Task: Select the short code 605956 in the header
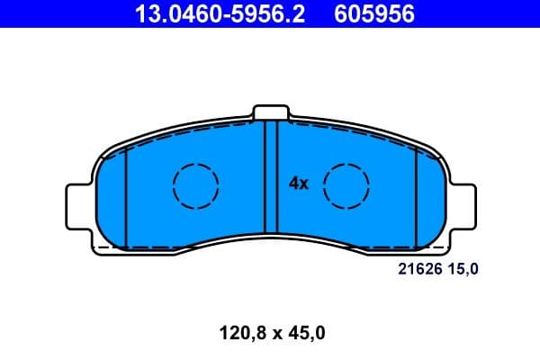[374, 14]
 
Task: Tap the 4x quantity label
[299, 184]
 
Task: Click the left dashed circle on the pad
[195, 186]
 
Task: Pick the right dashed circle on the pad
[346, 186]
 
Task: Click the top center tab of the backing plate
[270, 112]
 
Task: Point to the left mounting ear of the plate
[79, 206]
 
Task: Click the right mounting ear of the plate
[462, 206]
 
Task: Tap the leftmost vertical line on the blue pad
[127, 198]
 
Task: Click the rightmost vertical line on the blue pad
[415, 198]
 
